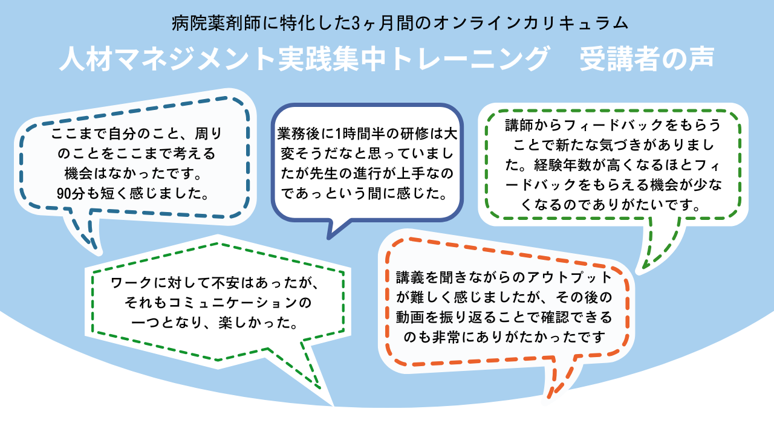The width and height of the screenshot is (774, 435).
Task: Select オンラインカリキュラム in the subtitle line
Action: click(x=530, y=24)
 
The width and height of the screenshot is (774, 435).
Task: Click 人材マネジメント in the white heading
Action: click(x=167, y=59)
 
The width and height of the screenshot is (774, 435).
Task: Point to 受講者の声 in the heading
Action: click(x=647, y=59)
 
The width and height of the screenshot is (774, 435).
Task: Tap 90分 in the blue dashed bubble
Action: click(x=71, y=194)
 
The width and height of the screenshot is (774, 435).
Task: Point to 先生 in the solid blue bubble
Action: click(x=324, y=173)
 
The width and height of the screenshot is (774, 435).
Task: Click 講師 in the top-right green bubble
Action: click(x=519, y=125)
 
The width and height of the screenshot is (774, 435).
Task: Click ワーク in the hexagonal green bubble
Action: click(x=131, y=283)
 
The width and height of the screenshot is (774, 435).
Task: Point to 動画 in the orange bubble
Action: click(x=410, y=318)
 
